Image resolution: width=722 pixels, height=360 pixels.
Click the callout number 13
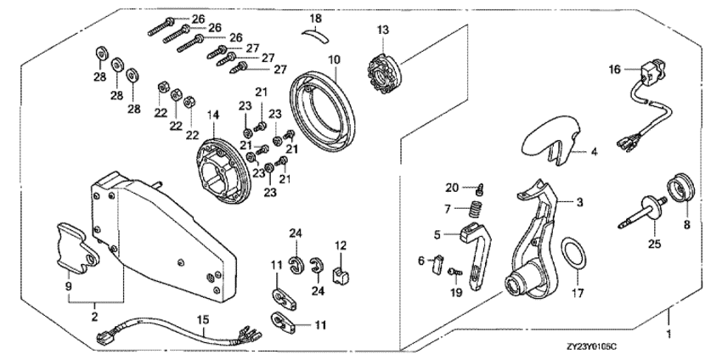click(x=383, y=31)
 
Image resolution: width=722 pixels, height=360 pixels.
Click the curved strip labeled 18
click(x=315, y=33)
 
